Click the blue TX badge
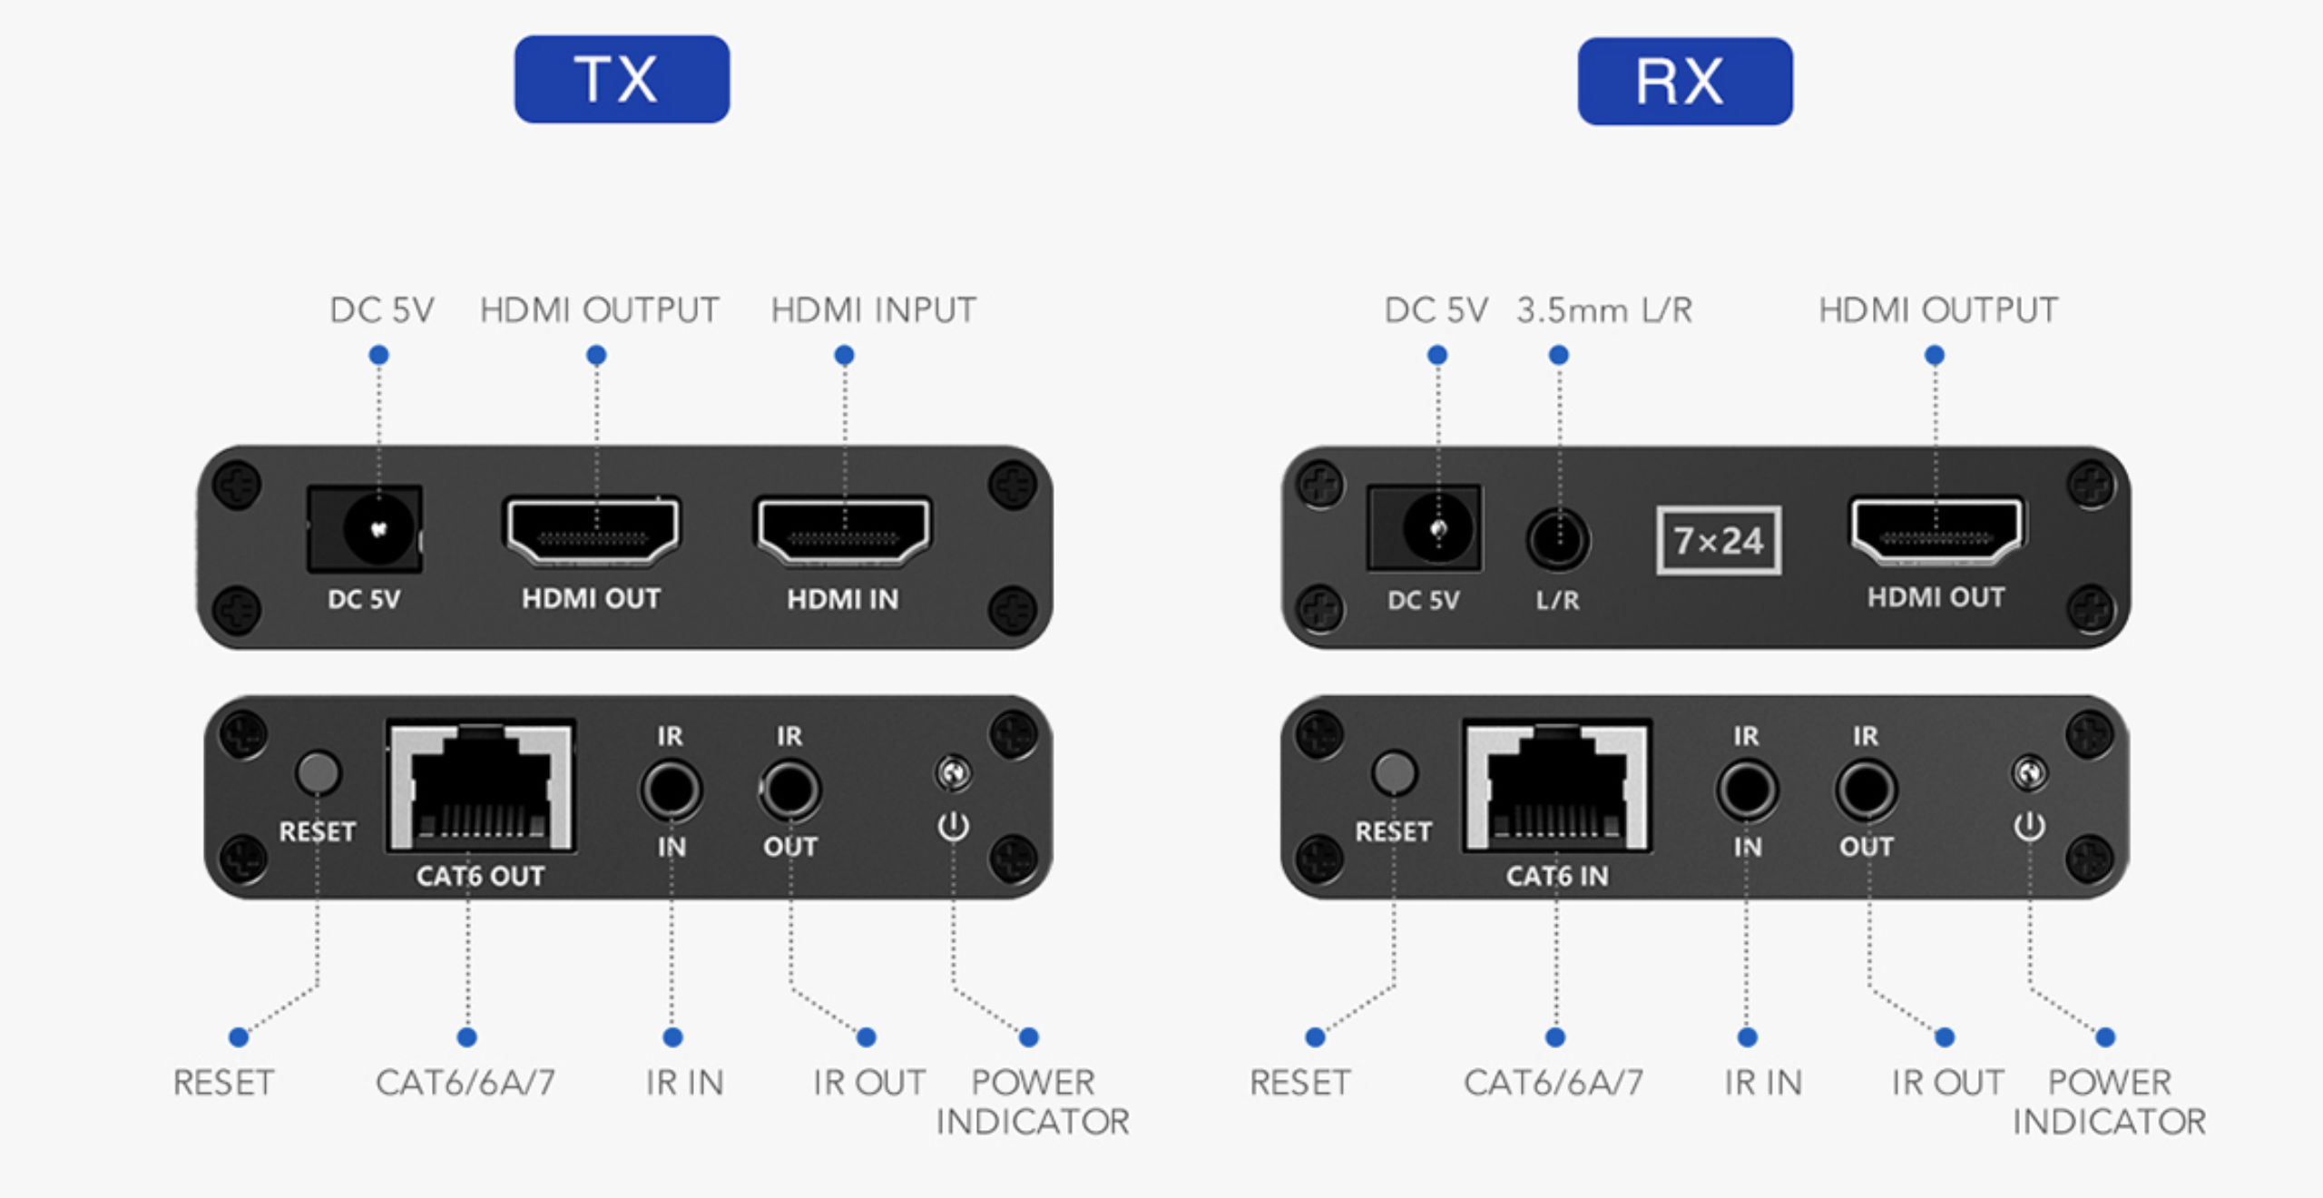click(622, 80)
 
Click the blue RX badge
click(1684, 82)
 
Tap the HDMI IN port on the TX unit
click(843, 531)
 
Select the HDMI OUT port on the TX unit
click(592, 531)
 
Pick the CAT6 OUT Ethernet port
click(481, 786)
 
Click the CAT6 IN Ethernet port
click(1556, 786)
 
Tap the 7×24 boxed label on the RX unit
click(1719, 541)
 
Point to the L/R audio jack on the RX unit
click(1558, 540)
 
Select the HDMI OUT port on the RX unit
click(1936, 531)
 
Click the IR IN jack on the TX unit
click(671, 790)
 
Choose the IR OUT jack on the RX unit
click(1866, 790)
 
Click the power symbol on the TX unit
click(953, 826)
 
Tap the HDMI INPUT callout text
click(873, 310)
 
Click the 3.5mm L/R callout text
click(1604, 310)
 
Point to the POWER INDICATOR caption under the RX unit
click(2109, 1102)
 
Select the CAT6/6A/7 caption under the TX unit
click(466, 1083)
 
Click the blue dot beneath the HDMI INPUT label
click(844, 355)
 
